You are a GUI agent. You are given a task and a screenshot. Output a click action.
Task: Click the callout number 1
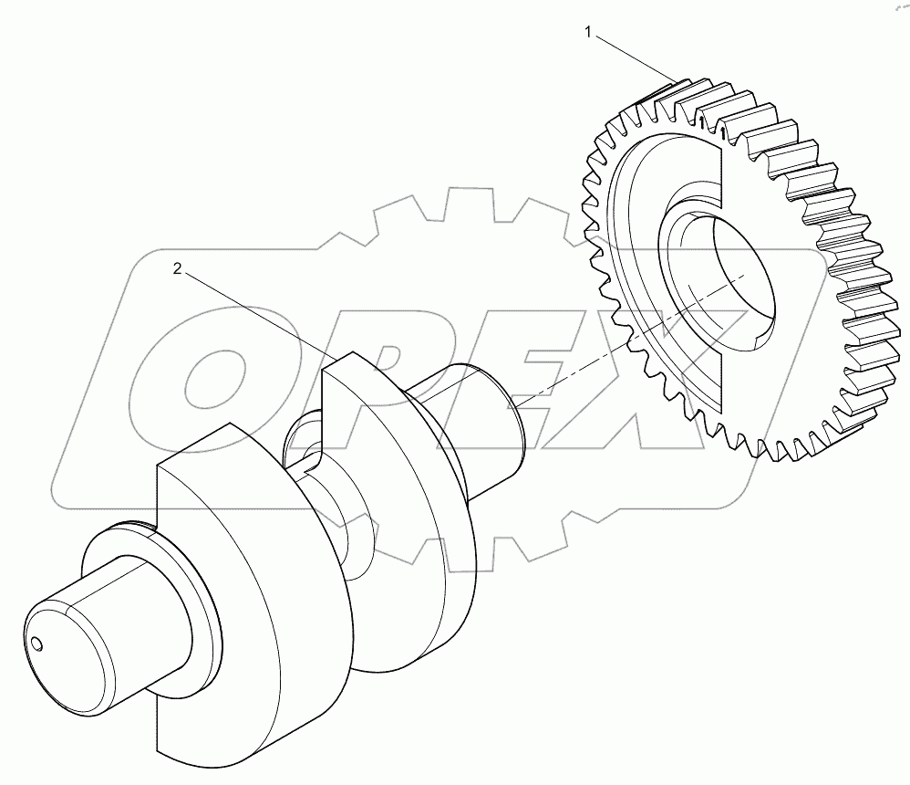coord(589,33)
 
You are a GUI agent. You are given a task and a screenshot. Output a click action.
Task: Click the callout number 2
coord(178,268)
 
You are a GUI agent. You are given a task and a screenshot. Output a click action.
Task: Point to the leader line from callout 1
coord(634,57)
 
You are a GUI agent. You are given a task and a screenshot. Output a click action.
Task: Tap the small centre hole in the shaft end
coord(36,645)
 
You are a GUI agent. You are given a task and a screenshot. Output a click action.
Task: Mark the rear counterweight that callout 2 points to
coord(401,475)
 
